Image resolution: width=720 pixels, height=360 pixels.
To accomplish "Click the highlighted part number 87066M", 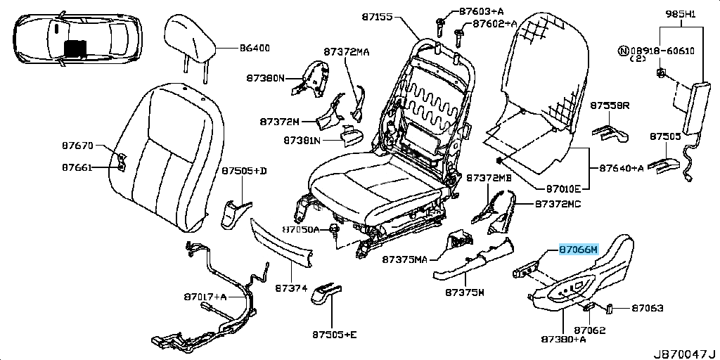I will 578,250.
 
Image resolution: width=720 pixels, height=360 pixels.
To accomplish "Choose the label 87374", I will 291,288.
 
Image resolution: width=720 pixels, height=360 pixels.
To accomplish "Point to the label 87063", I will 647,308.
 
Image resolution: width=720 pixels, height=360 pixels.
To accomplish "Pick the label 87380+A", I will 563,339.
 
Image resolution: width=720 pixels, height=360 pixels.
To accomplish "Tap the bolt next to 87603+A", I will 440,22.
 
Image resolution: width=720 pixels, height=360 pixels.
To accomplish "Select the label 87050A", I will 301,229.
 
